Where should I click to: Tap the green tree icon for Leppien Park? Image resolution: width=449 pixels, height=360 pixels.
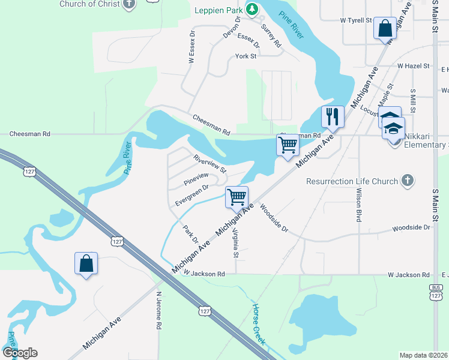(x=253, y=9)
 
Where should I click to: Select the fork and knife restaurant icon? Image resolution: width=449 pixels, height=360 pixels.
(x=332, y=115)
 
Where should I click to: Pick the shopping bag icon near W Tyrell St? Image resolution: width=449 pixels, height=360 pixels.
(x=384, y=28)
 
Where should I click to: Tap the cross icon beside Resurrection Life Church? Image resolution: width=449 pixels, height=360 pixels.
(x=407, y=181)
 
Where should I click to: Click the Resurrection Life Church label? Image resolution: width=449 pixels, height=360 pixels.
(x=352, y=181)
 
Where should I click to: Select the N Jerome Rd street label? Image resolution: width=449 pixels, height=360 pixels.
(x=159, y=311)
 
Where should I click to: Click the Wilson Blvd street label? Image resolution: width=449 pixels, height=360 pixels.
(x=358, y=206)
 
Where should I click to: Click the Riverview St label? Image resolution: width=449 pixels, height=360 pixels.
(x=209, y=163)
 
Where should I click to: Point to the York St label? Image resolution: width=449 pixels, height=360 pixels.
(x=246, y=56)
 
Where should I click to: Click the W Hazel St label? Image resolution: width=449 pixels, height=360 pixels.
(x=413, y=65)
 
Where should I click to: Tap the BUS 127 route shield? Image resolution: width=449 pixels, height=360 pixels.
(x=436, y=293)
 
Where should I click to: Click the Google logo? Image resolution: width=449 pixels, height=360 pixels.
(x=20, y=353)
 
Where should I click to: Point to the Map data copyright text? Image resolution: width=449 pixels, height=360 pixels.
(x=423, y=355)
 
